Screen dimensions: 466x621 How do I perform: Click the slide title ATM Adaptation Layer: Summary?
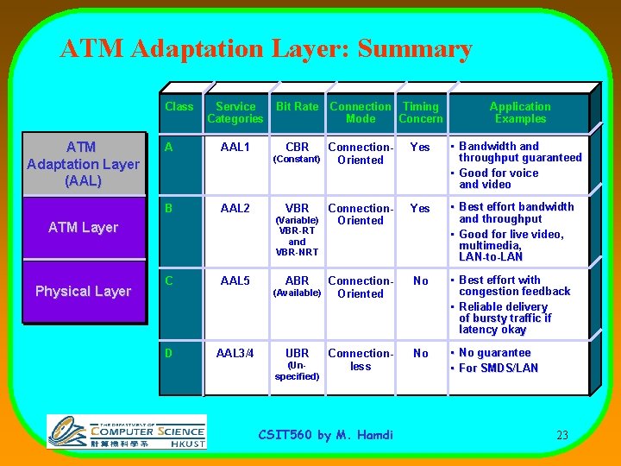coord(266,49)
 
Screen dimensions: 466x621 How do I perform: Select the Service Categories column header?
coord(235,112)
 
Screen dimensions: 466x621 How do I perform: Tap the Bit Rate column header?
coord(297,107)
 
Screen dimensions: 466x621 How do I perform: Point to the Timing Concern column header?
coord(420,112)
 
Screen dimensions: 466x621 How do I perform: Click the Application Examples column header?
coord(520,112)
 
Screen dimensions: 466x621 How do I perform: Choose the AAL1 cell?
coord(235,148)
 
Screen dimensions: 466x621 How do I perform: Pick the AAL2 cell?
coord(235,209)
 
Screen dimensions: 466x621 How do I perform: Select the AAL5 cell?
coord(235,281)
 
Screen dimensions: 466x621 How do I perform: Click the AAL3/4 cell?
coord(235,354)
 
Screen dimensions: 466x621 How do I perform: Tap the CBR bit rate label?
coord(297,148)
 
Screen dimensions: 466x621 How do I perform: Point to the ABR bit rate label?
coord(297,281)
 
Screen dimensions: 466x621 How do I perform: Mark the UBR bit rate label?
coord(297,354)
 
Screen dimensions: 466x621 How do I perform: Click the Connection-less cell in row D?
coord(361,360)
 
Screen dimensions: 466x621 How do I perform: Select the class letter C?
coord(170,281)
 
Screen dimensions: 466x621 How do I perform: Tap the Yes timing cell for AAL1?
coord(420,148)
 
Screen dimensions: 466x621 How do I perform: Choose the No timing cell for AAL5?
coord(420,281)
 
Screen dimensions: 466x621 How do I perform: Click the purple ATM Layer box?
coord(83,228)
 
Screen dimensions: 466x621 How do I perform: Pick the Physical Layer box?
coord(83,292)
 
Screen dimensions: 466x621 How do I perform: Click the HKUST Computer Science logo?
coord(127,431)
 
